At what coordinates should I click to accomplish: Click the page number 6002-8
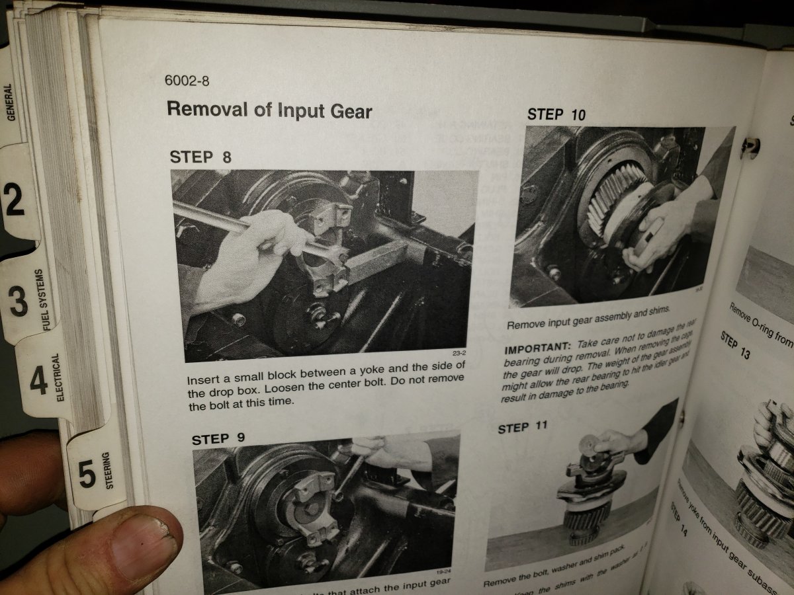187,81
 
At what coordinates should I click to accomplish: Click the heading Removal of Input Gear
269,110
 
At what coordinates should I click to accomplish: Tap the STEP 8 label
200,157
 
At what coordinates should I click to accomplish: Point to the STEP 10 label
556,114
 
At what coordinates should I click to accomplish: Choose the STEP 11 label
523,428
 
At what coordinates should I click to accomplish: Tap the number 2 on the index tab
15,200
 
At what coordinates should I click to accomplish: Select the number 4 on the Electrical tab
38,382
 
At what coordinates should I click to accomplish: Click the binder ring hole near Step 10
749,145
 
